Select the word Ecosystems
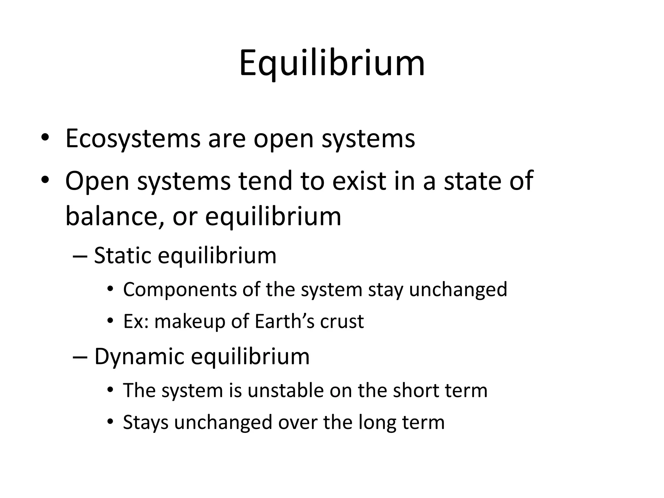[133, 139]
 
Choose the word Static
[123, 255]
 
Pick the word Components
[180, 289]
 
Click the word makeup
[190, 321]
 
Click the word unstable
[286, 390]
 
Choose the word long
[377, 422]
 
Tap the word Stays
[146, 422]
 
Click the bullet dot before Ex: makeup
[111, 321]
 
